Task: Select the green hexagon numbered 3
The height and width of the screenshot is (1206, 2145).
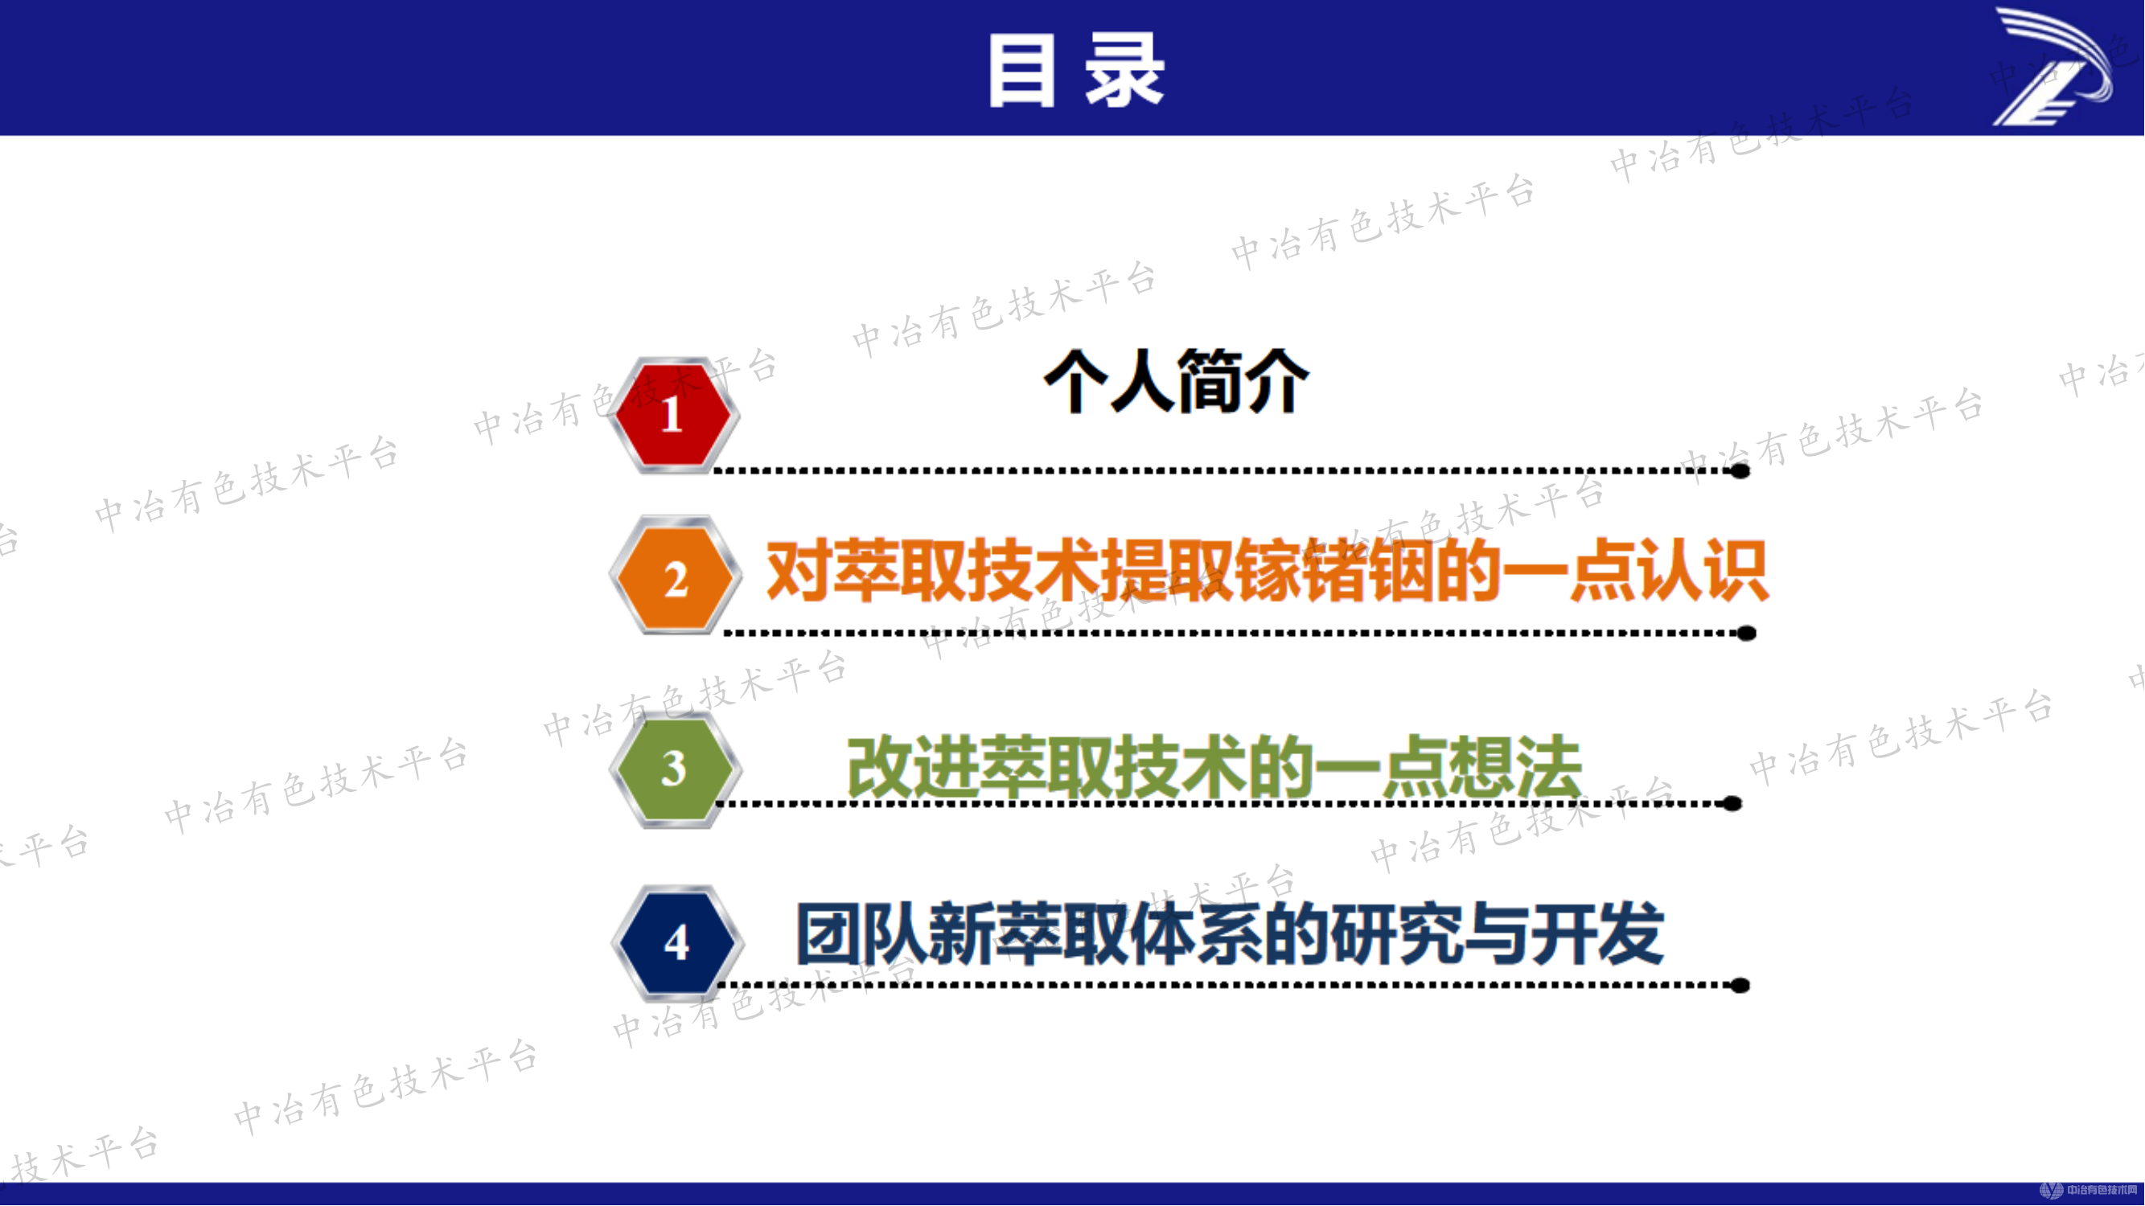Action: point(674,768)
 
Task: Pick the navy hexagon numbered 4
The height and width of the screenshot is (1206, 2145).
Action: point(676,942)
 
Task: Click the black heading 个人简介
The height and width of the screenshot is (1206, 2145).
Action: point(1177,382)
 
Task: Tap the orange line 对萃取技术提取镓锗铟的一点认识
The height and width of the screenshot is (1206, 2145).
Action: point(1266,571)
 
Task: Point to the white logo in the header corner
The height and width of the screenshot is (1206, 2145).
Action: point(2052,67)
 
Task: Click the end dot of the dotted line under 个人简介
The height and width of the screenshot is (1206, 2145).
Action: point(1740,471)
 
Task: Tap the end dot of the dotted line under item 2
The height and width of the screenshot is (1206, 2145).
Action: point(1747,634)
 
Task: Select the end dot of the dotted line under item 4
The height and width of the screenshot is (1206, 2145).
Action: point(1740,987)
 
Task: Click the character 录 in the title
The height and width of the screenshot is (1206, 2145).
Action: point(1124,70)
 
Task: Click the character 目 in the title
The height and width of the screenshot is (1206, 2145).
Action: point(1021,70)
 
